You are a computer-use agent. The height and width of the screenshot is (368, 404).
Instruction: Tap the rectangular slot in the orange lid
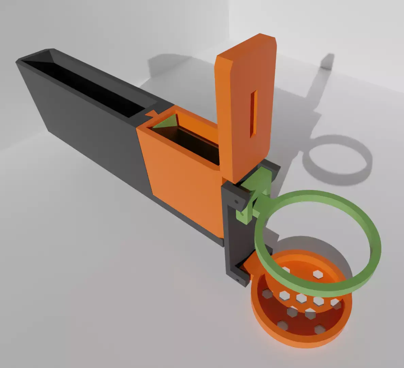click(x=253, y=114)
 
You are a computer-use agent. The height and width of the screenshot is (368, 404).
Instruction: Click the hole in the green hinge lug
click(x=242, y=215)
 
